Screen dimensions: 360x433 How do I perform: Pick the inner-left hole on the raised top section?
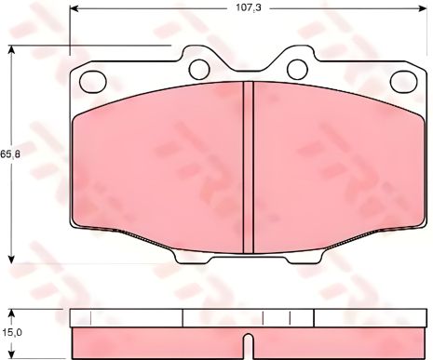pos(199,68)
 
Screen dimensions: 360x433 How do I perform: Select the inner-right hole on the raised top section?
pos(297,68)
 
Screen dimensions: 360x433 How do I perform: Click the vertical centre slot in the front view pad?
pos(249,167)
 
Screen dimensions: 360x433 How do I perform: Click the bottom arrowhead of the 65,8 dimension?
pos(10,260)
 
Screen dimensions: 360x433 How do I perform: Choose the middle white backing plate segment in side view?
pos(249,317)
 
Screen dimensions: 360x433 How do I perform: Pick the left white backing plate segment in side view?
pos(126,317)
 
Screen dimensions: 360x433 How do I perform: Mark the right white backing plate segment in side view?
pos(370,317)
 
